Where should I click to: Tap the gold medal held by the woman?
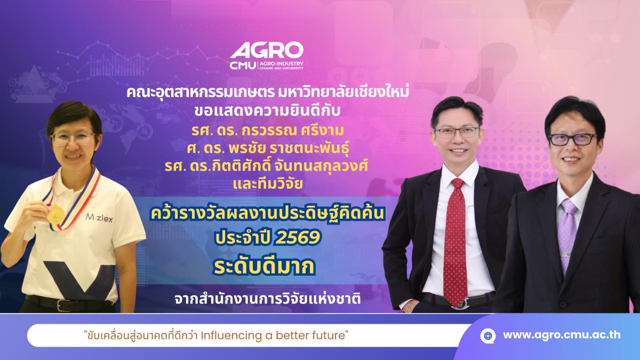tap(55, 214)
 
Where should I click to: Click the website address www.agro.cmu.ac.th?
tap(562, 335)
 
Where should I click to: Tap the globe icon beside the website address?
tap(487, 335)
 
